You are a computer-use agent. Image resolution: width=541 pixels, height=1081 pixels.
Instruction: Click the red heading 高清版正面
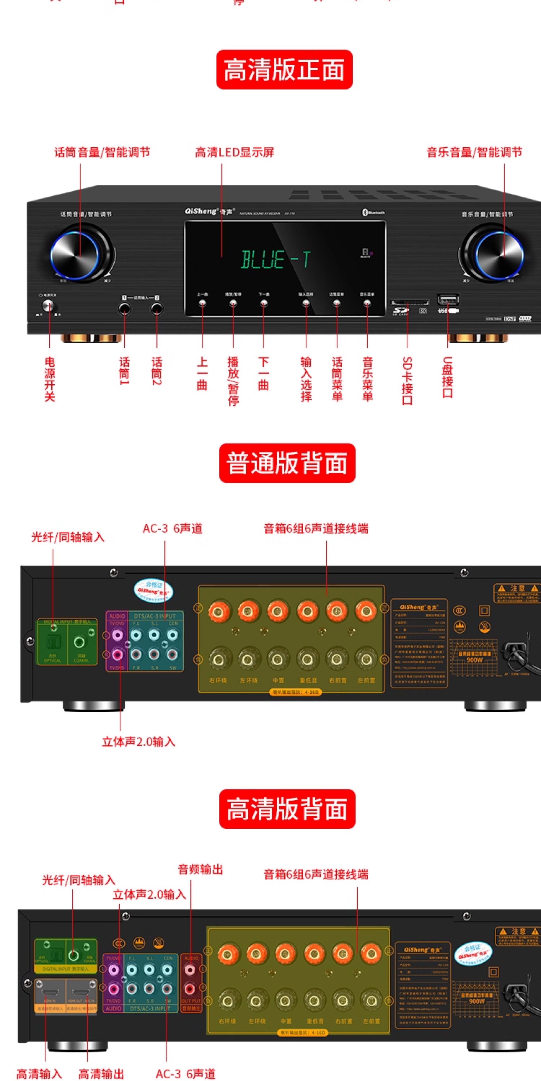click(284, 70)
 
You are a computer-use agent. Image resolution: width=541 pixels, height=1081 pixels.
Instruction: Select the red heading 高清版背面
click(287, 809)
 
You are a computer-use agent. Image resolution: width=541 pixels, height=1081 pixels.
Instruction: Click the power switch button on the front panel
click(49, 306)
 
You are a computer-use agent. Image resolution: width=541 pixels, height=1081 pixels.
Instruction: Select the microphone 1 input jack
click(124, 309)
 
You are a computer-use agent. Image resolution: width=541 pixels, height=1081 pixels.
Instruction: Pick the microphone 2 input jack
click(157, 309)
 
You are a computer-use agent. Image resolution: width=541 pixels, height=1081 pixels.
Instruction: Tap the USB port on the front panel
click(448, 300)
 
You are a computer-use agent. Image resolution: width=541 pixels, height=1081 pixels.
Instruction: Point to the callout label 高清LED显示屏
click(234, 152)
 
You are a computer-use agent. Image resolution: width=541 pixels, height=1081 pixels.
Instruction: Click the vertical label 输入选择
click(306, 379)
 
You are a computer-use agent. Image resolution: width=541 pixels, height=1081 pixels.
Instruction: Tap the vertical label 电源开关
click(50, 379)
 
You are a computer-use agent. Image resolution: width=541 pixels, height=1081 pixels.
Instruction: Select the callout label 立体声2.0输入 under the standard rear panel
click(139, 742)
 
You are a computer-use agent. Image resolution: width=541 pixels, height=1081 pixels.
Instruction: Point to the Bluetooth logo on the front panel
click(373, 212)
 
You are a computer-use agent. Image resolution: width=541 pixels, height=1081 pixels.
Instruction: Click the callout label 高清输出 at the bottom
click(101, 1074)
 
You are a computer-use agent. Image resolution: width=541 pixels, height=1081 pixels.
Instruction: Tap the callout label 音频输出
click(200, 870)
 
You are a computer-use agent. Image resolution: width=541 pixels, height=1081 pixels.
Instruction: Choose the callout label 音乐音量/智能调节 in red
click(474, 152)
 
